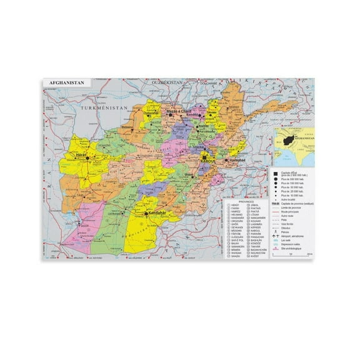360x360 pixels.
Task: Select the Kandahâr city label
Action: [157, 213]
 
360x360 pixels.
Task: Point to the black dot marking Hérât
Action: [87, 157]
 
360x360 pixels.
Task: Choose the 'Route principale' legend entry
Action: [289, 211]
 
